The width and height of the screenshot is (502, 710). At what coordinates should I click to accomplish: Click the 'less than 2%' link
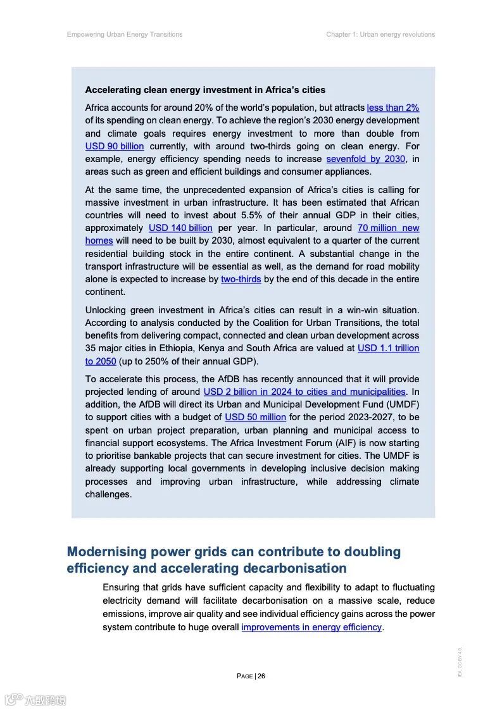click(392, 108)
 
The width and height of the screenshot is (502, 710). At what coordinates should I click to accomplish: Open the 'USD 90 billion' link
click(115, 146)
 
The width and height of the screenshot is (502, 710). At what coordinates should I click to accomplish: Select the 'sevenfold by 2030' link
click(365, 159)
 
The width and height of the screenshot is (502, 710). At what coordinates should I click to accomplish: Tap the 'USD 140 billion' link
click(180, 228)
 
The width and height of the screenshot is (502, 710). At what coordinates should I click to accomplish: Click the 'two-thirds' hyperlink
click(241, 279)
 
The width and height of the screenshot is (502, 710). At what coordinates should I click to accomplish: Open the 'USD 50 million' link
click(255, 417)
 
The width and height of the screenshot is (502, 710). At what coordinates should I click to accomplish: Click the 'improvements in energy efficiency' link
click(311, 627)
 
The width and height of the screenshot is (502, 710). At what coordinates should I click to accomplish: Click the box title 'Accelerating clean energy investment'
click(205, 90)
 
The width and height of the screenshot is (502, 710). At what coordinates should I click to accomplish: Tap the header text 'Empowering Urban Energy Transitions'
click(125, 34)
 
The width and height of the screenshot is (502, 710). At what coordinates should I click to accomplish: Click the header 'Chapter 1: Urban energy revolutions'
click(380, 34)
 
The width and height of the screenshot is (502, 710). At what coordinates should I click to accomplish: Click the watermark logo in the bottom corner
click(35, 699)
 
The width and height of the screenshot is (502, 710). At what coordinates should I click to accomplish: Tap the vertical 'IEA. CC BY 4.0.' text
click(460, 662)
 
